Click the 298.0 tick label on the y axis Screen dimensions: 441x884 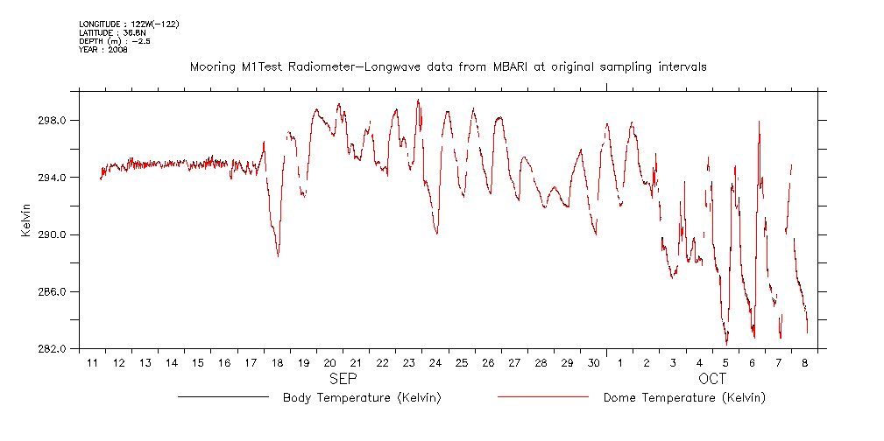tap(52, 121)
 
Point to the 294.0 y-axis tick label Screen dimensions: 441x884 tap(52, 178)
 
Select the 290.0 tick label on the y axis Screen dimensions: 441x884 tap(52, 234)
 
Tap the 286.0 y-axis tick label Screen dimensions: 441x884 tap(52, 291)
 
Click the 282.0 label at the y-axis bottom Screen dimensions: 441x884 tap(52, 348)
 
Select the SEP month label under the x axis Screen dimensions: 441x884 tap(343, 380)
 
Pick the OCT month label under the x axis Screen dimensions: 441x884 tap(712, 380)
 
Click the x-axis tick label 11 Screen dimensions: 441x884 tap(92, 363)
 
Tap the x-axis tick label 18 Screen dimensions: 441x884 tap(277, 363)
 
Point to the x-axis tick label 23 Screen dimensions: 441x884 tap(409, 363)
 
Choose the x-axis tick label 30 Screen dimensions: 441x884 tap(593, 363)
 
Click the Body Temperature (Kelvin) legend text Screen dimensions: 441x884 tap(361, 398)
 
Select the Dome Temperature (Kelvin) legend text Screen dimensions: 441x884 tap(684, 398)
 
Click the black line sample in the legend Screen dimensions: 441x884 tap(223, 397)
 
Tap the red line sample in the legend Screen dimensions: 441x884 tap(542, 397)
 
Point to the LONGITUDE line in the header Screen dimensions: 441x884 tap(129, 24)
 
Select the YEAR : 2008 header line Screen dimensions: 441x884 tap(103, 50)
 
